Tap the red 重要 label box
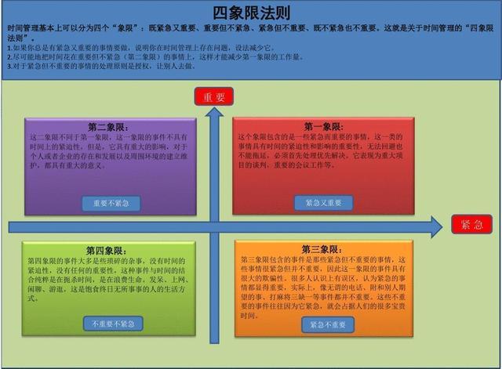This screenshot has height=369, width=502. [213, 97]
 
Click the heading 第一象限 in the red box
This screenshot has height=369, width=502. [322, 126]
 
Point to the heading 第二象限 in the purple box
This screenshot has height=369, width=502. [110, 126]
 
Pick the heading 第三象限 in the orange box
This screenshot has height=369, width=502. [322, 249]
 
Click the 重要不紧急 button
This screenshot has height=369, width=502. [111, 204]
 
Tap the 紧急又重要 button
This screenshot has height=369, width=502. [323, 202]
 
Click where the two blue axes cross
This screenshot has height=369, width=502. [213, 226]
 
